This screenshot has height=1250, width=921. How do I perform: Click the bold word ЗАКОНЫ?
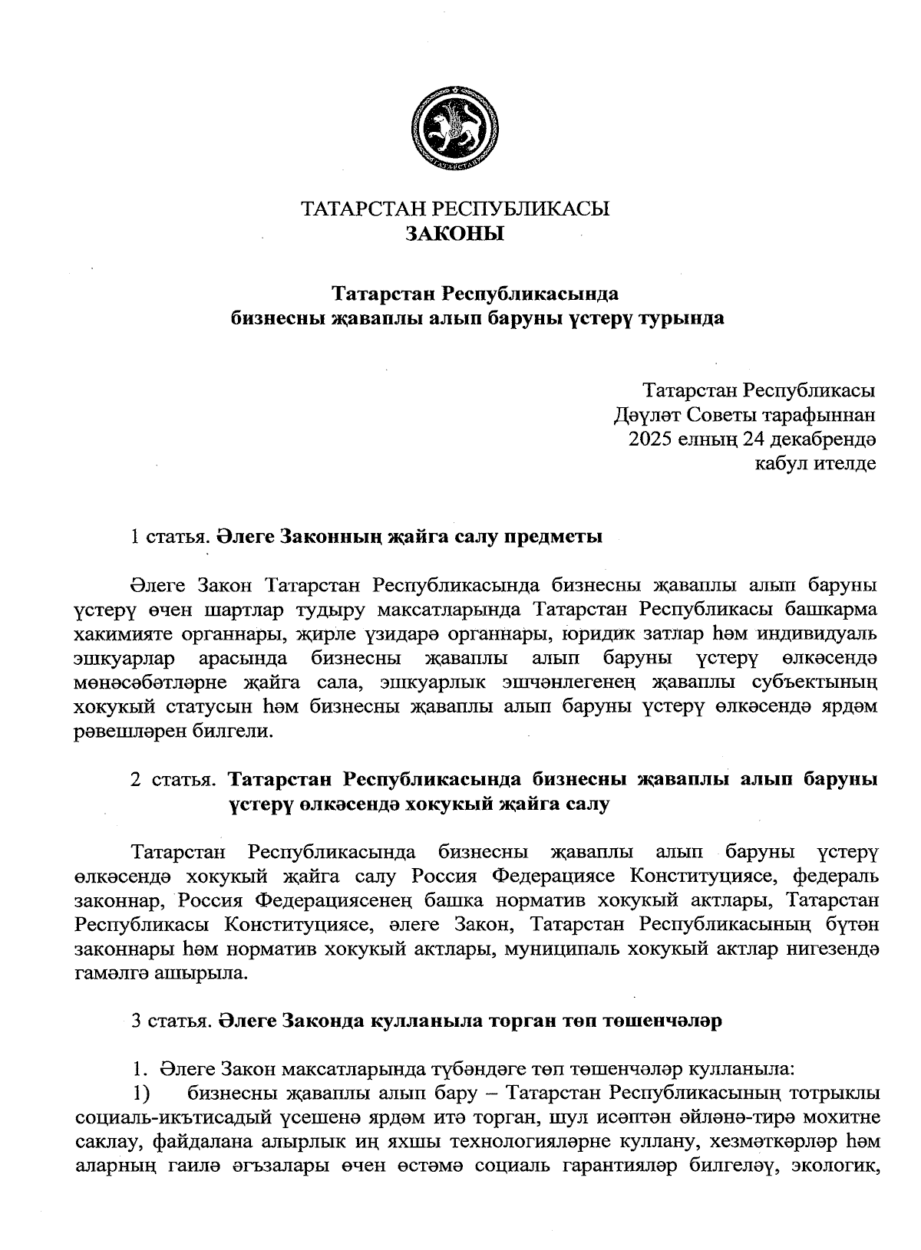[455, 233]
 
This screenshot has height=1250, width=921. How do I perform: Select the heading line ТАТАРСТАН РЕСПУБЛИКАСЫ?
[455, 209]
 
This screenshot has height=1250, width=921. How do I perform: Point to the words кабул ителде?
[815, 463]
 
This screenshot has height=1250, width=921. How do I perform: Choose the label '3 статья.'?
[170, 1021]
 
